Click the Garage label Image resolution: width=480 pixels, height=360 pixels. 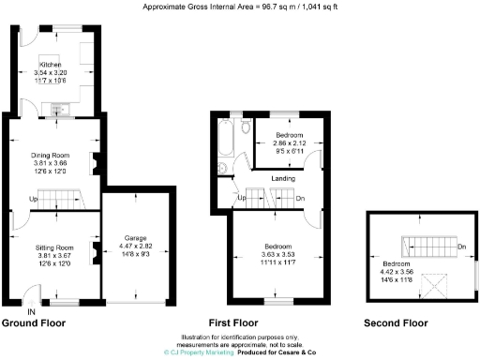[138, 238]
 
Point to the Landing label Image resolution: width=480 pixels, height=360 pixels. [284, 178]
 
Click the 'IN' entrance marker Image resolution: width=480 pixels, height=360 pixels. [32, 311]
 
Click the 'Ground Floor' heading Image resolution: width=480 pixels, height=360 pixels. [34, 323]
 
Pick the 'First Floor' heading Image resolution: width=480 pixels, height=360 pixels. [233, 323]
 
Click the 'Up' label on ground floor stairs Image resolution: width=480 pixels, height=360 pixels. [35, 199]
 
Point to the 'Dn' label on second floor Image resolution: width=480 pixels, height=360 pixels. [461, 247]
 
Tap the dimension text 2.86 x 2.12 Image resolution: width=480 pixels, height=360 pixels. [285, 142]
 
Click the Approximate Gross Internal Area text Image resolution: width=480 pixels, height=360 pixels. [240, 7]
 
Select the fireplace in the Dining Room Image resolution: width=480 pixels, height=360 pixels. [94, 163]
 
